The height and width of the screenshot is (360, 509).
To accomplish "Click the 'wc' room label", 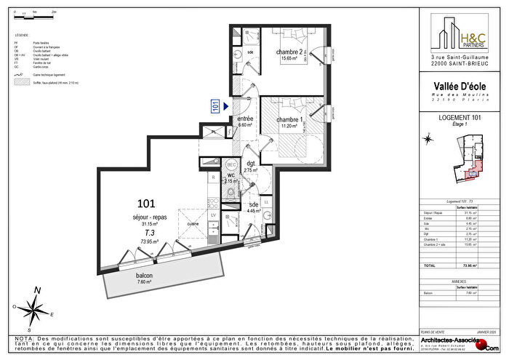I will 229,175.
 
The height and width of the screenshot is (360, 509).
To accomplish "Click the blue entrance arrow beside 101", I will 226,106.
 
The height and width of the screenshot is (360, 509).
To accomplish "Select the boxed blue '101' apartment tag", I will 215,106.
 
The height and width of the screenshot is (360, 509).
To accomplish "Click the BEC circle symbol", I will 229,164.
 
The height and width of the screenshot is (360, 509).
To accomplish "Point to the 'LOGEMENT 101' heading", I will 456,117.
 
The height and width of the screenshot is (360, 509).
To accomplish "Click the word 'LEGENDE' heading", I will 21,35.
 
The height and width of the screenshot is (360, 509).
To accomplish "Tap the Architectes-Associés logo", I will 462,342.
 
